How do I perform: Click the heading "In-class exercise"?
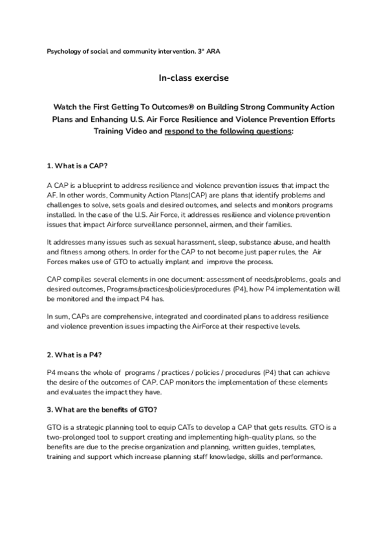click(x=194, y=78)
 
